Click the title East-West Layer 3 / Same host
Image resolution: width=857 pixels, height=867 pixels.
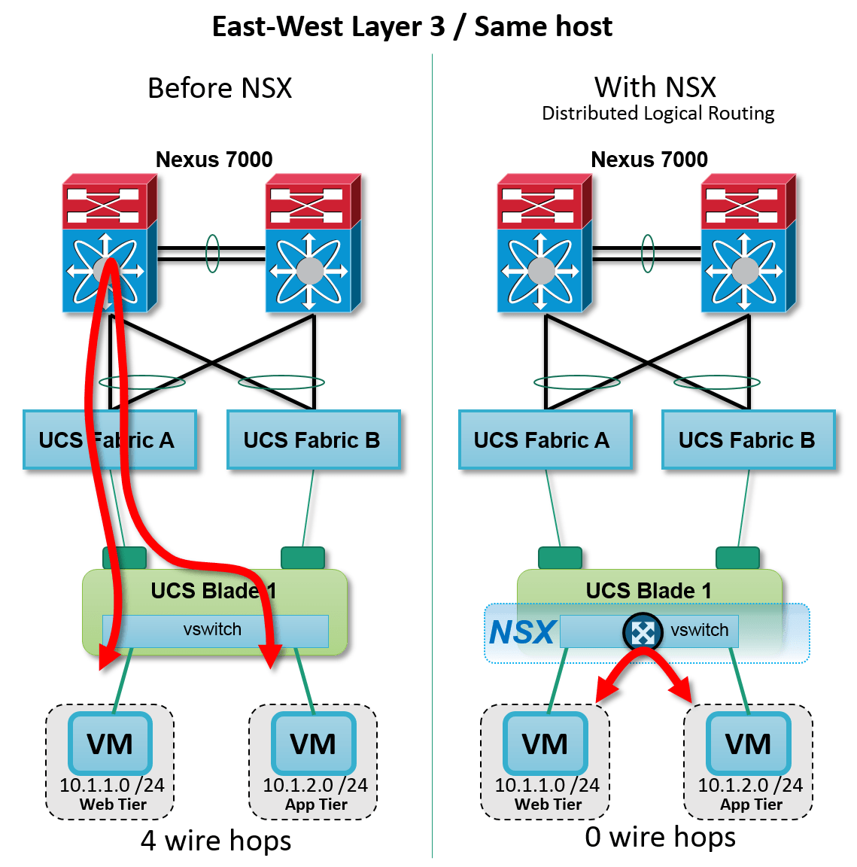pos(412,26)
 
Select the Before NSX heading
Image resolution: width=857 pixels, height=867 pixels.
pos(220,88)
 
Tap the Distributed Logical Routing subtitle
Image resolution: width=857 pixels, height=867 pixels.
pos(658,114)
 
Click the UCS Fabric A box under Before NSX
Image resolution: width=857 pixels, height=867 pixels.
pos(110,440)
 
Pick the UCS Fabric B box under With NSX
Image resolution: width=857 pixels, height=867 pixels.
pos(748,440)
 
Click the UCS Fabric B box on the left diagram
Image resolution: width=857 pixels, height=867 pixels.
pos(313,440)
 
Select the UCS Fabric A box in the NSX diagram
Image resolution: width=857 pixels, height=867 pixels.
pos(545,440)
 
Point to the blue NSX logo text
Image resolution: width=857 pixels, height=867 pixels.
pos(522,632)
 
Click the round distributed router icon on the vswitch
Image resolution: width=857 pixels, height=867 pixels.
pos(643,632)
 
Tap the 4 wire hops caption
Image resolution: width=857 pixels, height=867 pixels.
pos(216,841)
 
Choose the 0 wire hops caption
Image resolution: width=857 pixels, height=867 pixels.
pos(660,837)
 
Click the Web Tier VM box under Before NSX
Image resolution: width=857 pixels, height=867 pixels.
pos(111,744)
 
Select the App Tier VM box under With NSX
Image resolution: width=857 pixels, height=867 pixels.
pos(748,744)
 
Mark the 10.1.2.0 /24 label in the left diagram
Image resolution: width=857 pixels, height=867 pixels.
pos(315,785)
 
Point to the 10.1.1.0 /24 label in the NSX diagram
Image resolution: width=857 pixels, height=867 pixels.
pos(547,785)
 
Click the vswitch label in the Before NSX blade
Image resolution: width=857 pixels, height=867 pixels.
pos(212,630)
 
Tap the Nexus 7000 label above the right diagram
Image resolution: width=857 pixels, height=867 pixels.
pos(649,160)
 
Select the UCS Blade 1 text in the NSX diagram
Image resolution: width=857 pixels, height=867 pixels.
pos(649,591)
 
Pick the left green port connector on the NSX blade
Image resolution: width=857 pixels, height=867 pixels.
pos(560,558)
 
